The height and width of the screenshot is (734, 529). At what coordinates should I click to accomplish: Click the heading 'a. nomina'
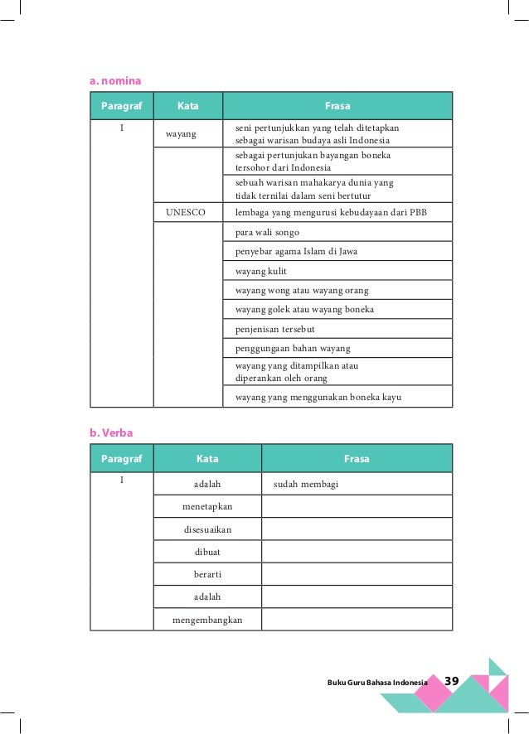click(x=115, y=80)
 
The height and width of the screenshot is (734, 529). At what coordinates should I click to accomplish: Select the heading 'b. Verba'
click(x=110, y=432)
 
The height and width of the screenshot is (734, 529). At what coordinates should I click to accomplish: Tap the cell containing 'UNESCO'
click(x=187, y=212)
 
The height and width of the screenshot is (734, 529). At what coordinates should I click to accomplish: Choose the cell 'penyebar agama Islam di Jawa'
click(x=296, y=251)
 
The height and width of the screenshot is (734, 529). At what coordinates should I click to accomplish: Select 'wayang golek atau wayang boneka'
click(x=304, y=310)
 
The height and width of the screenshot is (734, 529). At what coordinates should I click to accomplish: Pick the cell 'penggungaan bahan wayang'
click(x=293, y=348)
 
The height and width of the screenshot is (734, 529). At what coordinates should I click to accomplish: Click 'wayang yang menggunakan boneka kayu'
click(x=318, y=397)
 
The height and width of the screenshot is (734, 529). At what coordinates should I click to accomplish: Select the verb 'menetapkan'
click(x=207, y=505)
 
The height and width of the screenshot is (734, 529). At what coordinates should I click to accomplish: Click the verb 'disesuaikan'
click(x=207, y=529)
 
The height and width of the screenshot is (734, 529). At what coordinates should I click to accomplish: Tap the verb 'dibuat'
click(x=207, y=551)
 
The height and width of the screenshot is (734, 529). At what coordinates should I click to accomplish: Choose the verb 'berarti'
click(x=207, y=573)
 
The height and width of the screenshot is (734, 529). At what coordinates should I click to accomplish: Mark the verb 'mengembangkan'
click(x=207, y=619)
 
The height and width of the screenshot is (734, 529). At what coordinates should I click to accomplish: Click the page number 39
click(x=452, y=681)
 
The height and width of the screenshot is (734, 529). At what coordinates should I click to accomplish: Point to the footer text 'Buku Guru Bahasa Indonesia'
click(x=377, y=682)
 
